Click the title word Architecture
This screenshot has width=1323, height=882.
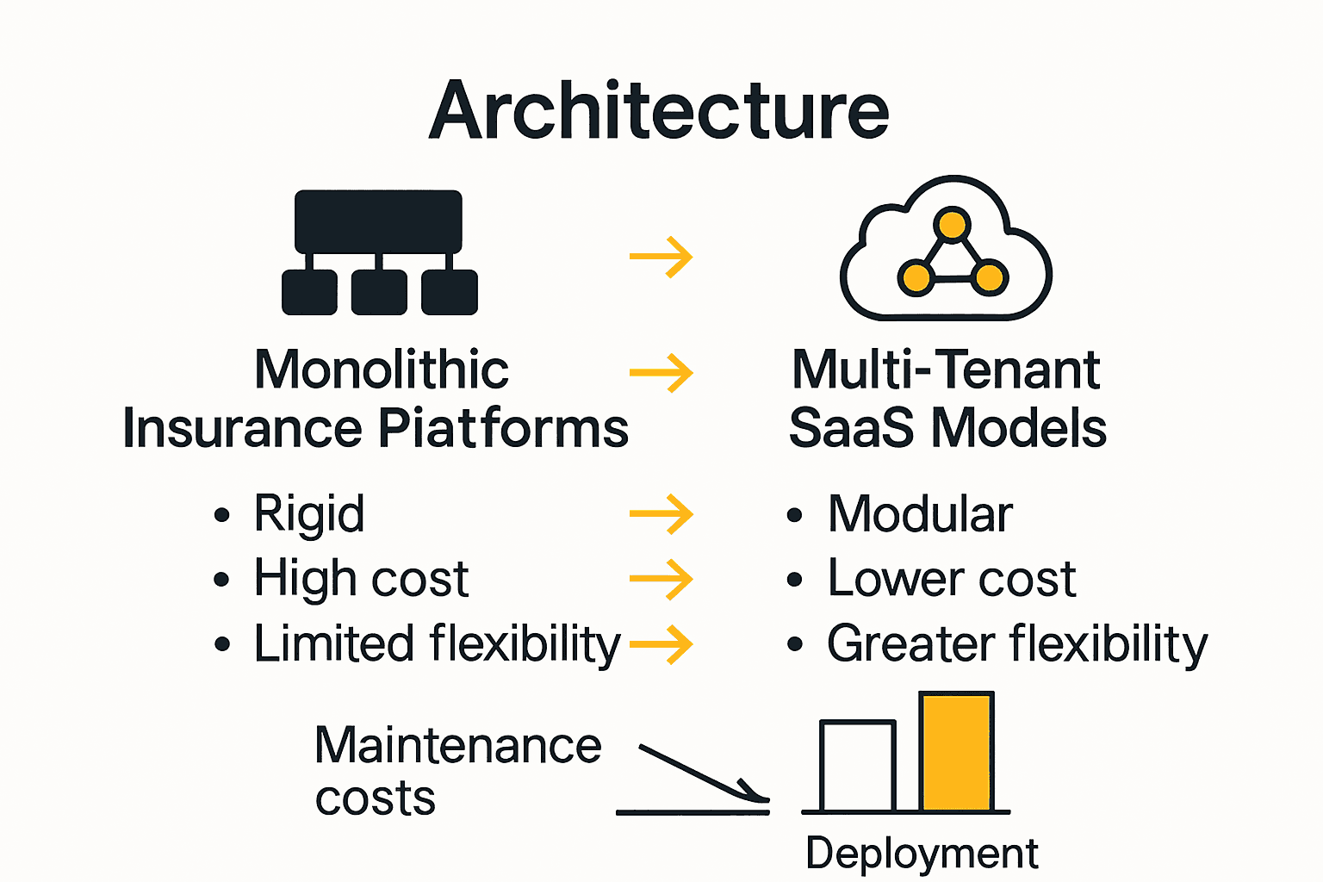tap(660, 110)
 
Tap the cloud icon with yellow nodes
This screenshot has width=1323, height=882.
tap(946, 250)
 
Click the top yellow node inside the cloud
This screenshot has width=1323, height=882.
tap(952, 225)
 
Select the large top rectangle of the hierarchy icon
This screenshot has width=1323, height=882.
tap(378, 220)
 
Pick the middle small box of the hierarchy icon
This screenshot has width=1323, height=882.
tap(379, 292)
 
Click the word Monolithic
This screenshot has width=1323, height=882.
tap(382, 370)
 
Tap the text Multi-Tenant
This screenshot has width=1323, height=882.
tap(946, 370)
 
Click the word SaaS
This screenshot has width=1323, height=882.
tap(851, 428)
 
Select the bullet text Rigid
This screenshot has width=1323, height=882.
tap(309, 514)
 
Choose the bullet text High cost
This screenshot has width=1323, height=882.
tap(361, 578)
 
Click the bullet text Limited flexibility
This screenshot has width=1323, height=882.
tap(437, 644)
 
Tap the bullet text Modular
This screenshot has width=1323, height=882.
tap(920, 514)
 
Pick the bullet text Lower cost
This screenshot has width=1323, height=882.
tap(952, 578)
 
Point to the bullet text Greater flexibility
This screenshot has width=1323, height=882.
tap(1017, 644)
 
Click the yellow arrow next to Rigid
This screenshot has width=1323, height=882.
tap(661, 514)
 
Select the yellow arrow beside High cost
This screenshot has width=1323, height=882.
tap(661, 579)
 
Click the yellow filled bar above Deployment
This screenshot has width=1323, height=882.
tap(956, 752)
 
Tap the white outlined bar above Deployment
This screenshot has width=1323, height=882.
tap(858, 767)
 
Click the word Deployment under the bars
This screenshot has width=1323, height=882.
tap(922, 854)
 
